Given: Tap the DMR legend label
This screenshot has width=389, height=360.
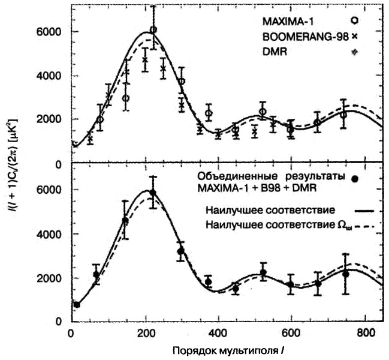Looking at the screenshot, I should coord(274,52).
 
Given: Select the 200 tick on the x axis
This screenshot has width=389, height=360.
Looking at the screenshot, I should coord(145,333).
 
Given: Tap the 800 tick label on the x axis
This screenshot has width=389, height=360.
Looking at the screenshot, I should coord(366,333).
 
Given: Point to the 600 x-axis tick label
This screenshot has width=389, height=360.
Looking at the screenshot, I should coord(292,333).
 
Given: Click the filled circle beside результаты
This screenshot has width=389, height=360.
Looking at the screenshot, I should coord(355,178).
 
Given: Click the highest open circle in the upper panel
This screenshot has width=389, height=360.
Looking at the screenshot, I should coord(153,29).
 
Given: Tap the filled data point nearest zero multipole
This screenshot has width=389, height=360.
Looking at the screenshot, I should coord(77,305).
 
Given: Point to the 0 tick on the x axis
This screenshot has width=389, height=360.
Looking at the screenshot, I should coord(71,333).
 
